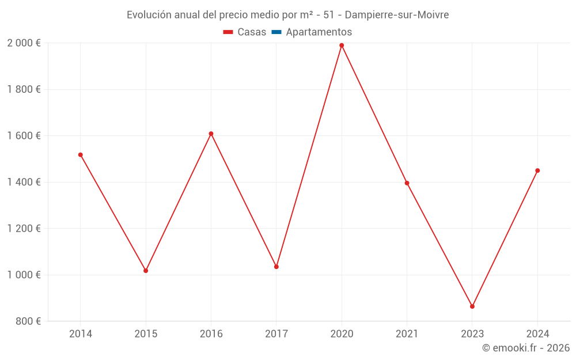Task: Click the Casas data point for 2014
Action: (80, 155)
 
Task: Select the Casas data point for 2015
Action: (146, 271)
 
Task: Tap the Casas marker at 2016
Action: (211, 134)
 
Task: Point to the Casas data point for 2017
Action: (276, 267)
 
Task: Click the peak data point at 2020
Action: (342, 46)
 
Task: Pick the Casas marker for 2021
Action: (407, 183)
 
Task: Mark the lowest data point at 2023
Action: (472, 306)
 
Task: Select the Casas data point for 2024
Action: (537, 170)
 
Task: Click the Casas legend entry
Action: (245, 32)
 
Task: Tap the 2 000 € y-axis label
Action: (24, 43)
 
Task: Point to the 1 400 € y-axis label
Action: (24, 182)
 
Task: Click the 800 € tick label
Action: (28, 321)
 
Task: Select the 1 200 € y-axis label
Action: (24, 228)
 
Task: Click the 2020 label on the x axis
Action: (342, 334)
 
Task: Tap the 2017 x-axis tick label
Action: (276, 334)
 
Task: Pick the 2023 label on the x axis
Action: (472, 334)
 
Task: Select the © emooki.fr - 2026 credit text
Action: (525, 348)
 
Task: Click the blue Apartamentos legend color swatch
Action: (276, 32)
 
